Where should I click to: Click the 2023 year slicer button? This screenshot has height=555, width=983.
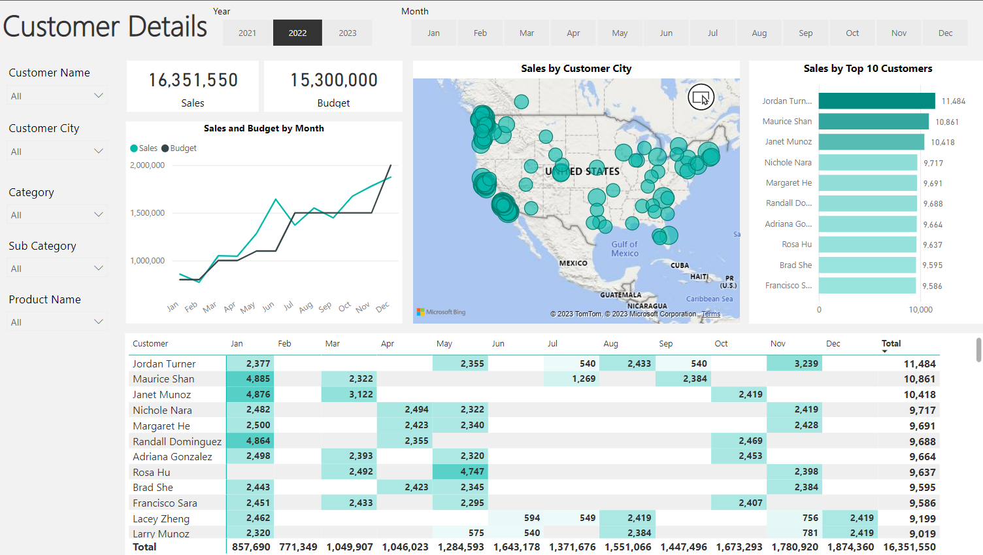[348, 33]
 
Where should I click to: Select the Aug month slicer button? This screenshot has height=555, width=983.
[759, 33]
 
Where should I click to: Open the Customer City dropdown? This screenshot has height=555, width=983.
[57, 151]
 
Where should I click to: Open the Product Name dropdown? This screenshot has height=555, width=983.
[57, 322]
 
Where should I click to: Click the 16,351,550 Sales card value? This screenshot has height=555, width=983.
[193, 80]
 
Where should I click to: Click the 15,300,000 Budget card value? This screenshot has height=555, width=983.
[333, 80]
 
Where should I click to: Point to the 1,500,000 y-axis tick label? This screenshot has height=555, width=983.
[147, 213]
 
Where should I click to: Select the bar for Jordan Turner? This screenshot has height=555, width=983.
[876, 101]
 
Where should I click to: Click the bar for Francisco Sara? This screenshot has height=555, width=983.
[867, 286]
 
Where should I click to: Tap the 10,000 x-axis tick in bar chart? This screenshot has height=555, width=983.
[920, 310]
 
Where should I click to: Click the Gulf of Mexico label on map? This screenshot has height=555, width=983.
[625, 249]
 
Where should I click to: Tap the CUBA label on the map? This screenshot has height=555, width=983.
[680, 265]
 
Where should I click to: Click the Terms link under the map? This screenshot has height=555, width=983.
[711, 314]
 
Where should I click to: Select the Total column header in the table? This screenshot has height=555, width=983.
[891, 344]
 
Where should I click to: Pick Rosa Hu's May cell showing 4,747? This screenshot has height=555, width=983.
[460, 471]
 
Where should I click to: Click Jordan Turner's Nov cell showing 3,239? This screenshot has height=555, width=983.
[794, 363]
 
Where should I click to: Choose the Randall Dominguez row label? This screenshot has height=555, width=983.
[177, 442]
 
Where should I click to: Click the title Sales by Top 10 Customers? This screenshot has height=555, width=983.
[867, 69]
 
